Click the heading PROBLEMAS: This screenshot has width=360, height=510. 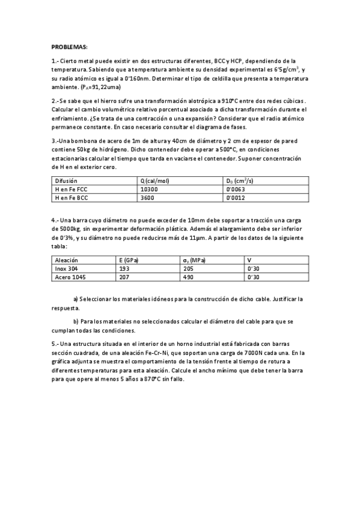point(69,47)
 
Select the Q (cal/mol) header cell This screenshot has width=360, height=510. point(154,180)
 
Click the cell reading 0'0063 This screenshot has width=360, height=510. point(236,189)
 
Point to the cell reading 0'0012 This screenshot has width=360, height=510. point(236,197)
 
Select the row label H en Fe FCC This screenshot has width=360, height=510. point(72,189)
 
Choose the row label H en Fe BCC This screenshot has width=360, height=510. point(72,197)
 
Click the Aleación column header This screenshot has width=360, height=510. point(66,260)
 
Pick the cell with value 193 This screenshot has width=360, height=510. point(125,268)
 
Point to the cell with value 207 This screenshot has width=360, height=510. point(125,277)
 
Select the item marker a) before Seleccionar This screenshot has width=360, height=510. point(76,299)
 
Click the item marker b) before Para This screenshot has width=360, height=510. point(76,321)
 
